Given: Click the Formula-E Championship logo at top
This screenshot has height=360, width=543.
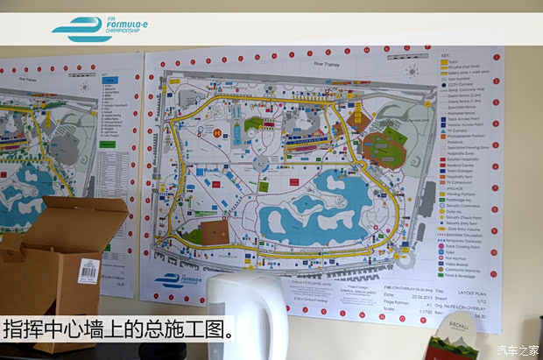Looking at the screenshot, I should pyautogui.click(x=98, y=28).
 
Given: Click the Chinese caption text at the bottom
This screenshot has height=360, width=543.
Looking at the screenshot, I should pyautogui.click(x=118, y=330).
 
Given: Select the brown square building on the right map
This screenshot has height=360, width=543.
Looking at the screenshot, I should pyautogui.click(x=214, y=232).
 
